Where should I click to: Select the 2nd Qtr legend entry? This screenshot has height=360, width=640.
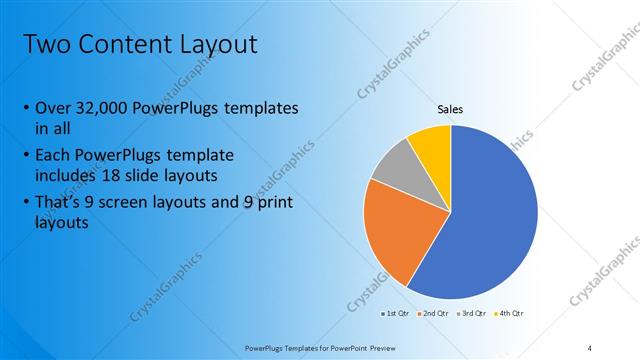coord(434,313)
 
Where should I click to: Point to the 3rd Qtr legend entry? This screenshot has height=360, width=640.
coord(471,313)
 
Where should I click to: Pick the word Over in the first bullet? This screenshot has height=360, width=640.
coord(52,109)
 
